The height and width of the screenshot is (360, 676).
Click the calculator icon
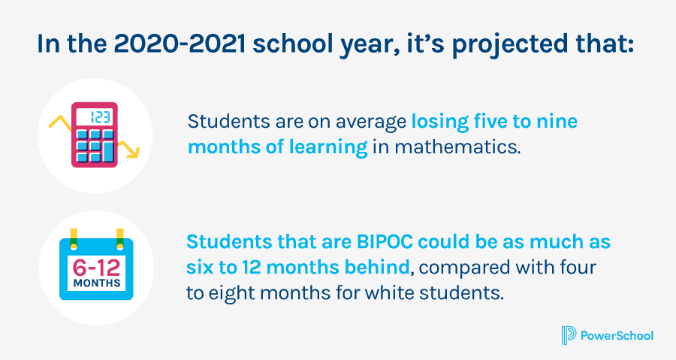click(x=95, y=135)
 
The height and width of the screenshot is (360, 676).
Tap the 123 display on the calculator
click(x=95, y=116)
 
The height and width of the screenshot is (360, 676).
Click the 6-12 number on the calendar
click(x=97, y=268)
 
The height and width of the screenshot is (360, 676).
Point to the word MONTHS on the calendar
click(x=97, y=283)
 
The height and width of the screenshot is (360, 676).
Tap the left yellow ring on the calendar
click(x=74, y=239)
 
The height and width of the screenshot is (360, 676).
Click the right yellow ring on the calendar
click(x=120, y=239)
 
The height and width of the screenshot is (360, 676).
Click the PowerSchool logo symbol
click(x=569, y=335)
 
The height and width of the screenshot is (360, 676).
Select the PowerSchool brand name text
click(x=617, y=336)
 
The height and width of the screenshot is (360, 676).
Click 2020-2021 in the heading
click(x=180, y=44)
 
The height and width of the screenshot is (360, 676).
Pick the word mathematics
click(x=457, y=147)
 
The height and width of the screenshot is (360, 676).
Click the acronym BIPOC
click(x=385, y=242)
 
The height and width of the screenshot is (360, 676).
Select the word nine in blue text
click(x=557, y=122)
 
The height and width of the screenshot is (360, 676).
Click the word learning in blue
click(x=328, y=148)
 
